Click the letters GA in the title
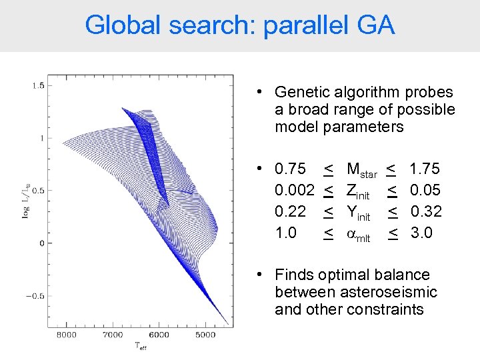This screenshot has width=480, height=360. [x=376, y=25]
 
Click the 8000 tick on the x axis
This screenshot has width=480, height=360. [x=67, y=335]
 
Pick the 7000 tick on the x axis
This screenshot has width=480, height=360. [x=113, y=335]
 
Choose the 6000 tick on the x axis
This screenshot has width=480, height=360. [x=159, y=335]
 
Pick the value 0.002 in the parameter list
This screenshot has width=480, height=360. [x=295, y=191]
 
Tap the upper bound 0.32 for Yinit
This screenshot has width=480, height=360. [x=425, y=212]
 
